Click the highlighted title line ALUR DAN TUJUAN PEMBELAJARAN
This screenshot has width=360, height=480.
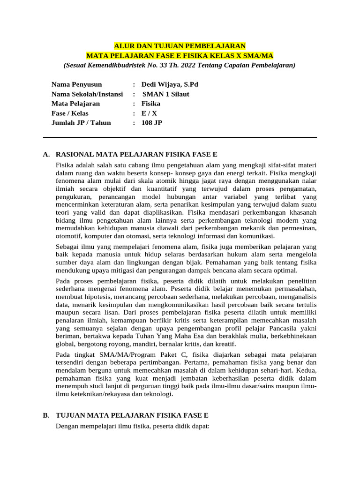180,46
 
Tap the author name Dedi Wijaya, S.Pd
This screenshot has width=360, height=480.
170,84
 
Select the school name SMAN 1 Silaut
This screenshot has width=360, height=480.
166,94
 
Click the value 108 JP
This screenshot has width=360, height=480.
152,123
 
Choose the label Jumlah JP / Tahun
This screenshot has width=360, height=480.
81,123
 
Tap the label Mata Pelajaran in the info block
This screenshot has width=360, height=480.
76,104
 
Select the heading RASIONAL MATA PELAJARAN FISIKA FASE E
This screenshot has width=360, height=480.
136,154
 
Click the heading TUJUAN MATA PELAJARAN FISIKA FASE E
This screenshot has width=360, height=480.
132,415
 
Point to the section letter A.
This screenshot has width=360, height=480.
46,154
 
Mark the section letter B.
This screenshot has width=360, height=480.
46,415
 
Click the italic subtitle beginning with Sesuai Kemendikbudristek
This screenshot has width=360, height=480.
180,65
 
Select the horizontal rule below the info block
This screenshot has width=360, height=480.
180,137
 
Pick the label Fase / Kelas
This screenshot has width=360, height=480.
70,113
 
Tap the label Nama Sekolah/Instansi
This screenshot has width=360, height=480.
87,94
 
